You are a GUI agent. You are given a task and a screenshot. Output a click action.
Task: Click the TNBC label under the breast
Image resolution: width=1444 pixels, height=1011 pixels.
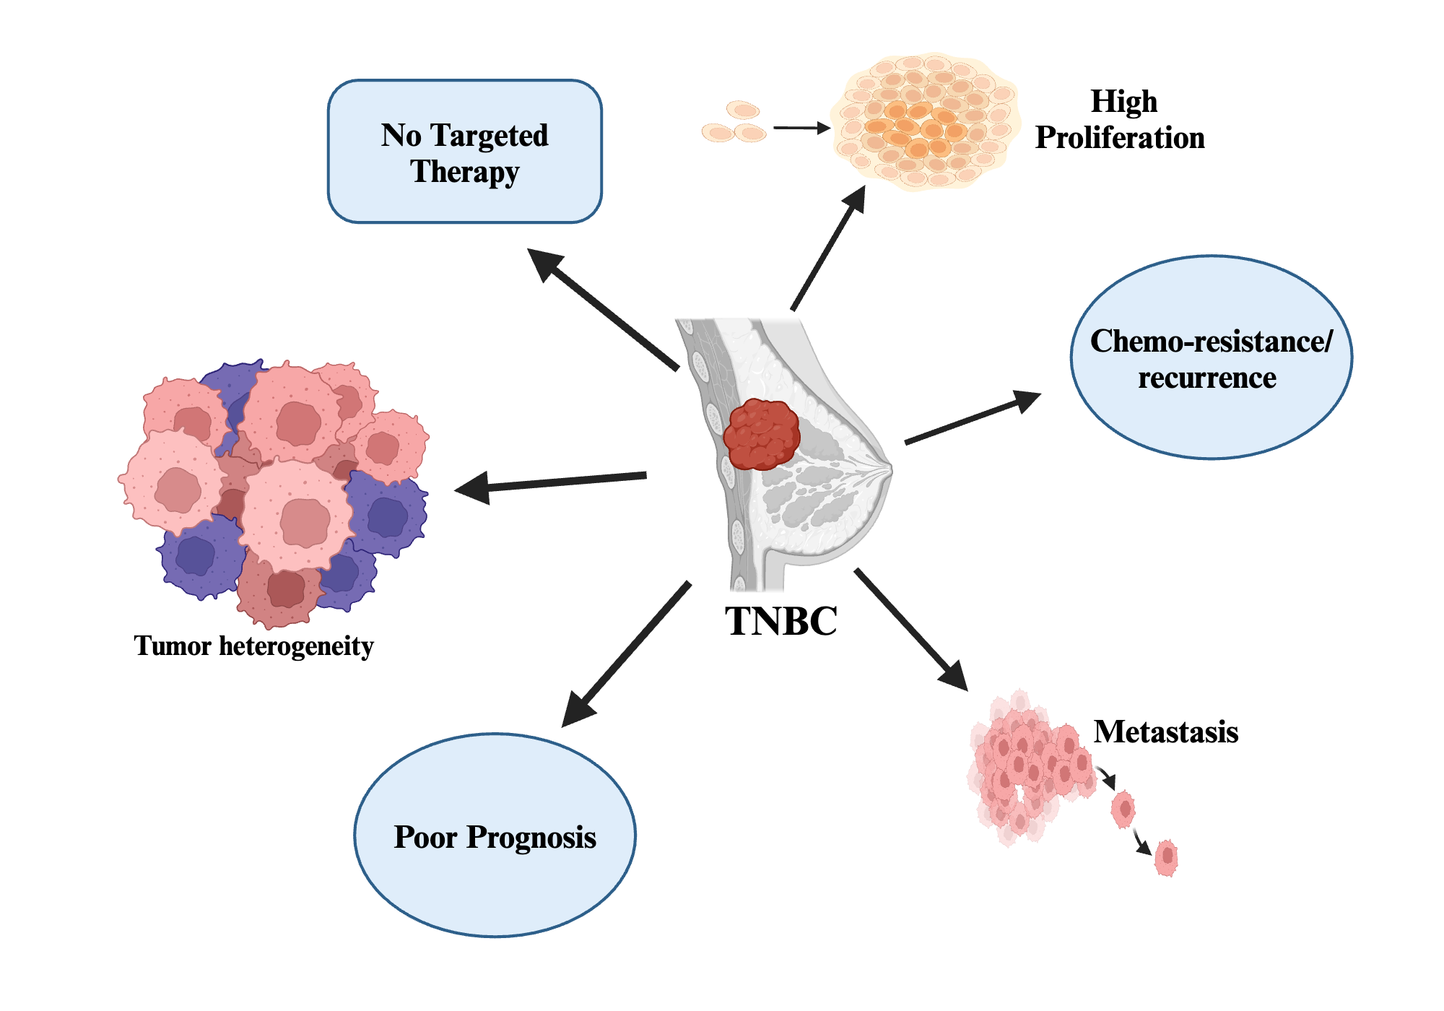coord(780,621)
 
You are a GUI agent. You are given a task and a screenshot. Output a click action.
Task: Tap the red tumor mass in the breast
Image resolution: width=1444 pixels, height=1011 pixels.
coord(761,435)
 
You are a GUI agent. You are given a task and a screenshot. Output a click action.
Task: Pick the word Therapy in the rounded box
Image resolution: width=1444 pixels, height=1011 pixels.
coord(464,173)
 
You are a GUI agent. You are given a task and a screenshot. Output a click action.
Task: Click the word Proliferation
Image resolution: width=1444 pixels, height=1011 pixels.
coord(1119,138)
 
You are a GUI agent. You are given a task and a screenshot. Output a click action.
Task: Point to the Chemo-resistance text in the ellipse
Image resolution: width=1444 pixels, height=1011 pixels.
coord(1211,342)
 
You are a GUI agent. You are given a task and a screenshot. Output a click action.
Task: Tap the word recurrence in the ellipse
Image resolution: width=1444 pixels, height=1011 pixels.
coord(1206,378)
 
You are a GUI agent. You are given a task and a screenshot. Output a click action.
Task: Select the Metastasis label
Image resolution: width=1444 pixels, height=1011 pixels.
coord(1165,732)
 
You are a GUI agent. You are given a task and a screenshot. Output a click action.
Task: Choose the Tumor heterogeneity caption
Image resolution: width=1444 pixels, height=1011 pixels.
coord(253,646)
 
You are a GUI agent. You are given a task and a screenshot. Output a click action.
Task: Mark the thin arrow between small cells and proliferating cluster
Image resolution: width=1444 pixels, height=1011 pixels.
coord(801,129)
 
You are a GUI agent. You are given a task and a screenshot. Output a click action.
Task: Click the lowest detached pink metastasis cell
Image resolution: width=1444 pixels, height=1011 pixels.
coord(1166,857)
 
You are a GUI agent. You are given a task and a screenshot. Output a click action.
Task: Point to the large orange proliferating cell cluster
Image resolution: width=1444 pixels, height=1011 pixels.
coord(924,121)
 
